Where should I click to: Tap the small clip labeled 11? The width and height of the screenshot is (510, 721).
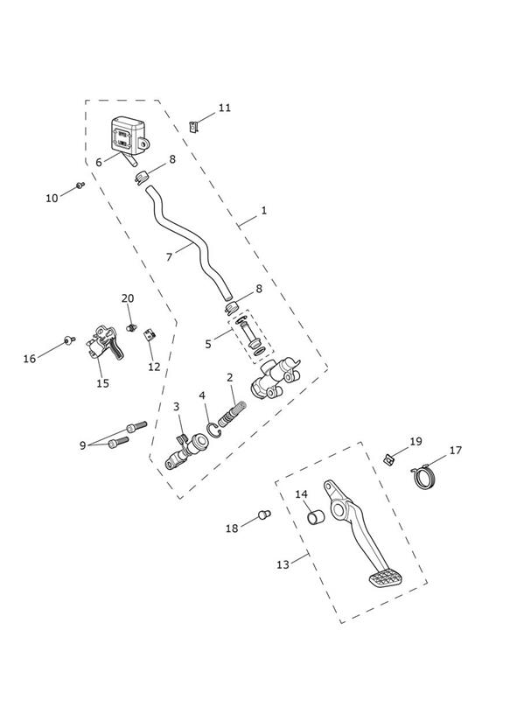tap(194, 126)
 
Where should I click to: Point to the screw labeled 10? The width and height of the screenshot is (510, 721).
tap(80, 185)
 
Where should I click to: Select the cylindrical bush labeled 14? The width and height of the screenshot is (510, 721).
tap(316, 517)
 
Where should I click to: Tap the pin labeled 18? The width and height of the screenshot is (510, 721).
tap(264, 514)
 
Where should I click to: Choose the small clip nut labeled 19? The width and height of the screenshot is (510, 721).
tap(389, 458)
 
